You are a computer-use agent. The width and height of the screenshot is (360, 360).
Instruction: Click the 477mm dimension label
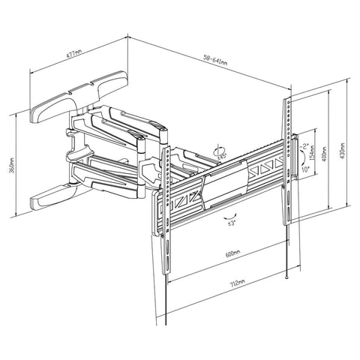pyautogui.click(x=73, y=55)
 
